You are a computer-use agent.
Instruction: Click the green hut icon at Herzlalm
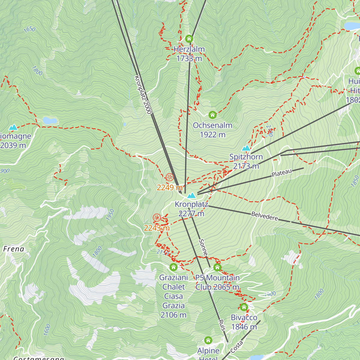pyautogui.click(x=189, y=39)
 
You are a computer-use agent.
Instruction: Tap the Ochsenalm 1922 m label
pyautogui.click(x=212, y=130)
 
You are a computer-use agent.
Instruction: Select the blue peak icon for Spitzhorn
pyautogui.click(x=246, y=148)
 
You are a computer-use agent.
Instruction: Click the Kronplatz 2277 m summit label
pyautogui.click(x=191, y=209)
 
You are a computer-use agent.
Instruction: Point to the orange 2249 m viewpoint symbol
pyautogui.click(x=170, y=177)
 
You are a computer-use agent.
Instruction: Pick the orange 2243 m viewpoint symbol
pyautogui.click(x=157, y=218)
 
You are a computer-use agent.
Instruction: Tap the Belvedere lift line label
pyautogui.click(x=265, y=216)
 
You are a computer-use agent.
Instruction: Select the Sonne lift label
pyautogui.click(x=203, y=247)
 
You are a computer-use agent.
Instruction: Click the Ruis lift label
pyautogui.click(x=222, y=325)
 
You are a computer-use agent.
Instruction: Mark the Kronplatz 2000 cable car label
pyautogui.click(x=143, y=95)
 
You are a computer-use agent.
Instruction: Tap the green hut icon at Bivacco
pyautogui.click(x=244, y=307)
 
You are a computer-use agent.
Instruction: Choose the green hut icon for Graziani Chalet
pyautogui.click(x=173, y=267)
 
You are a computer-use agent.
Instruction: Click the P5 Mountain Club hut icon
pyautogui.click(x=217, y=267)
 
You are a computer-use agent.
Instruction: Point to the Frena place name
pyautogui.click(x=13, y=249)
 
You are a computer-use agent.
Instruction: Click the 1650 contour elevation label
pyautogui.click(x=29, y=29)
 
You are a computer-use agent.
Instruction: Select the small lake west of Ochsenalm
pyautogui.click(x=50, y=121)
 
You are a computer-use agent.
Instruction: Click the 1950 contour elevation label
pyautogui.click(x=110, y=215)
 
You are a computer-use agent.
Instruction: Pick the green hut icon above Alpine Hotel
pyautogui.click(x=208, y=340)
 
